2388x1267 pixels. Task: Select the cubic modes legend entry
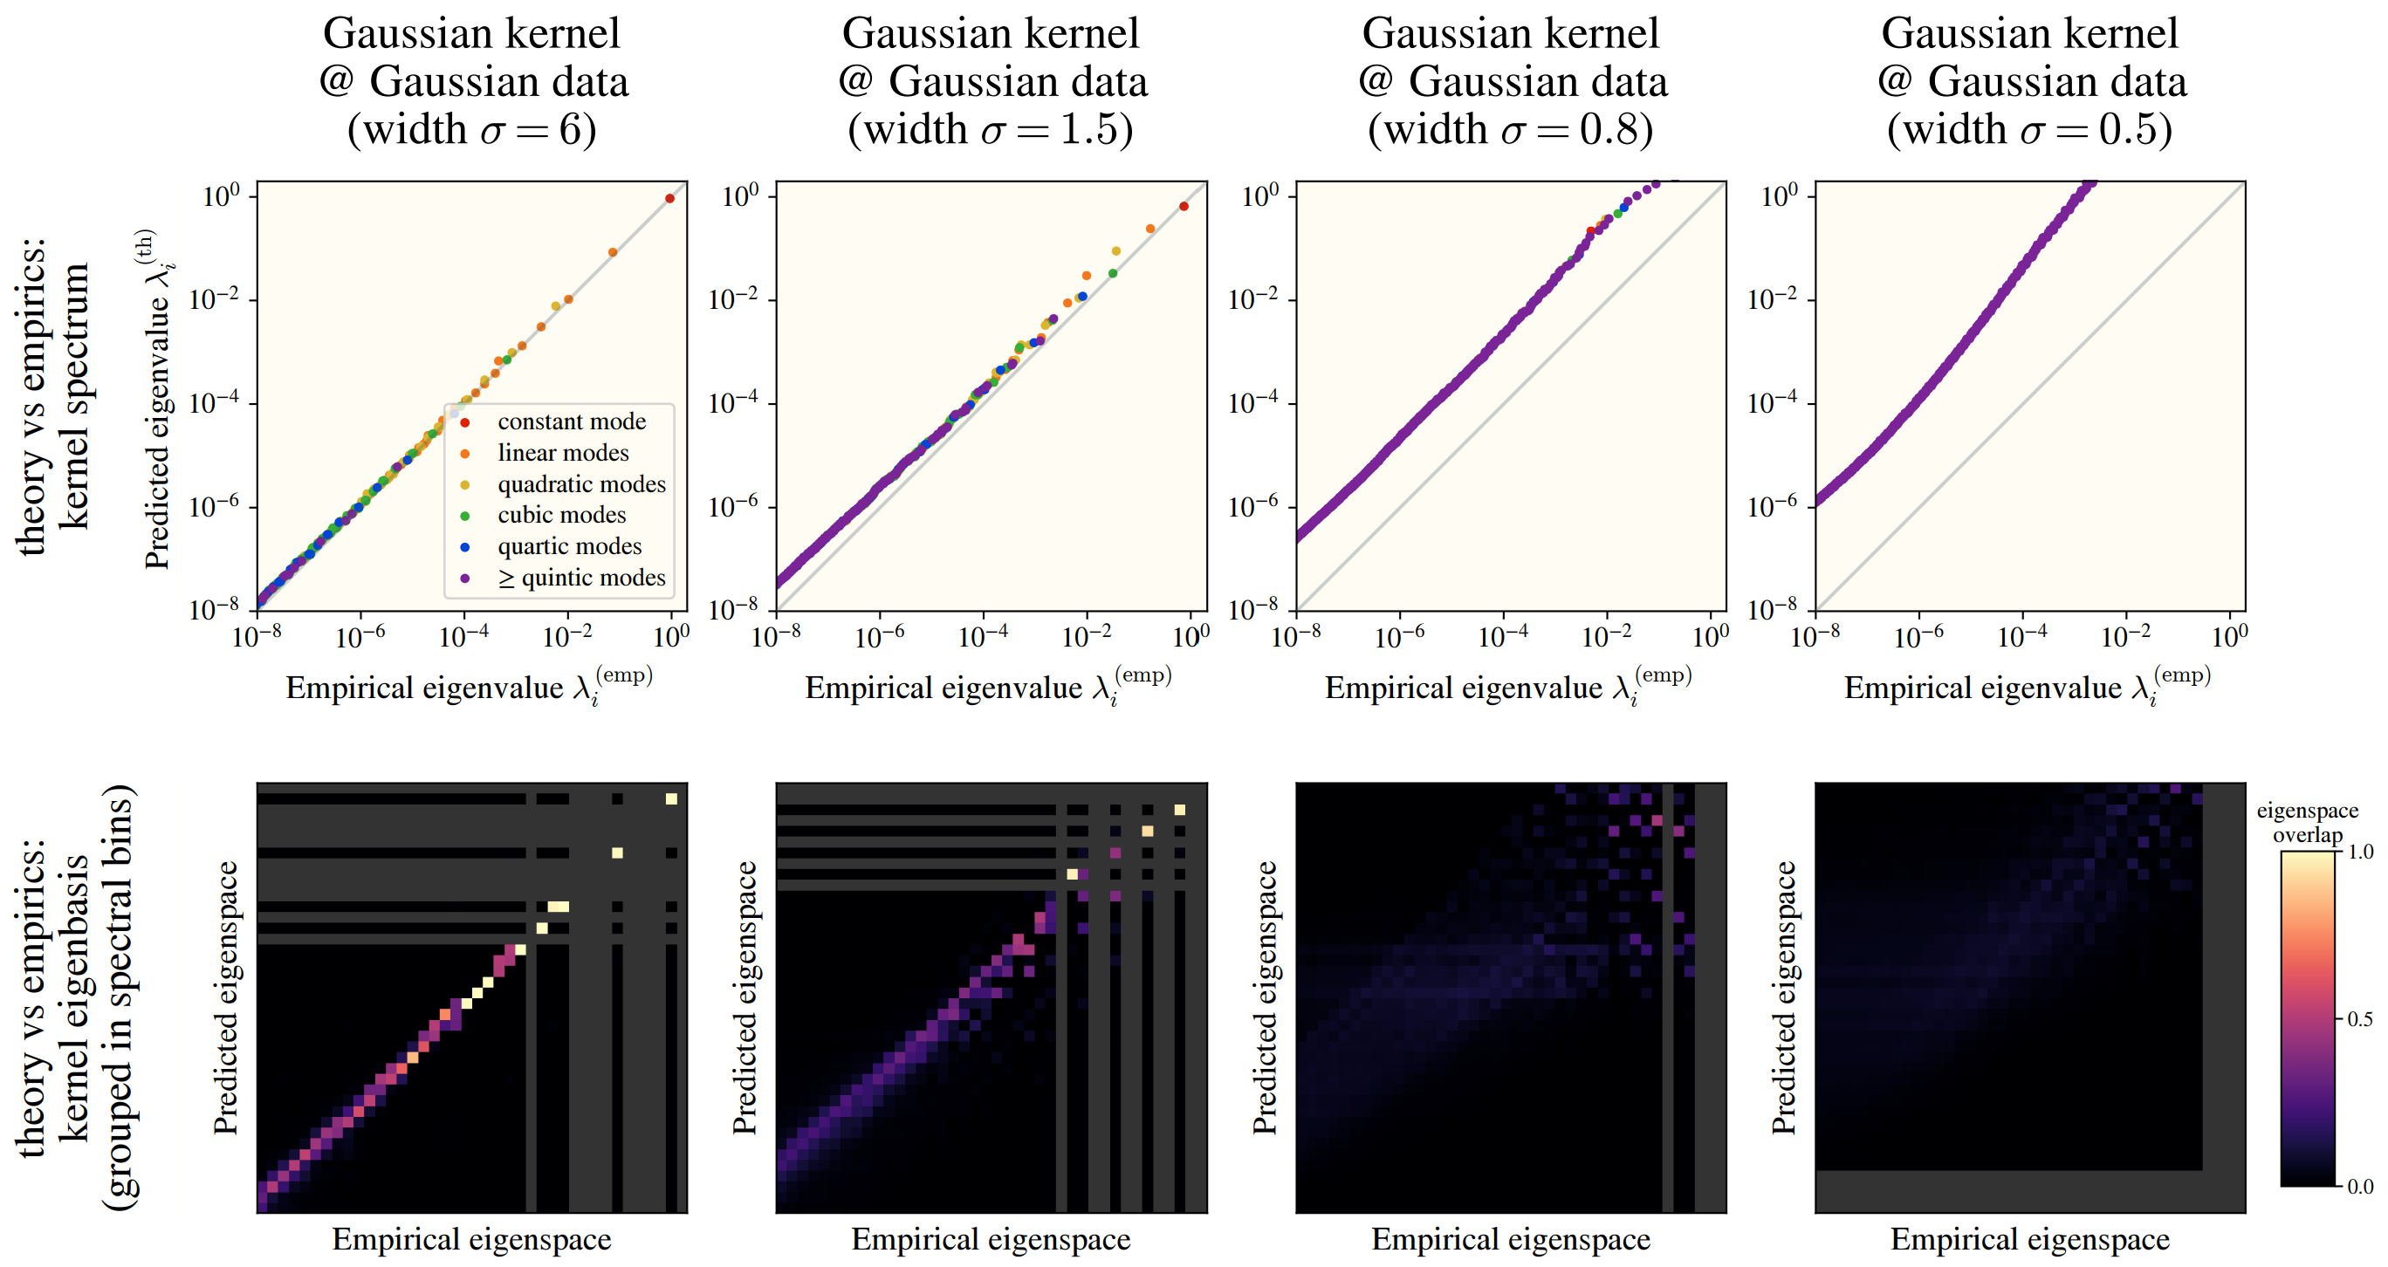pyautogui.click(x=561, y=516)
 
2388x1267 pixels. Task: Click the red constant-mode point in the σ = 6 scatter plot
pyautogui.click(x=670, y=198)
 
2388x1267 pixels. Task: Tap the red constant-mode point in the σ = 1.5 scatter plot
pyautogui.click(x=1184, y=206)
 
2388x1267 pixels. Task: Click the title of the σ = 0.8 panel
pyautogui.click(x=1511, y=81)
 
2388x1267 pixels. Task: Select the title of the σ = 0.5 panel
pyautogui.click(x=2030, y=81)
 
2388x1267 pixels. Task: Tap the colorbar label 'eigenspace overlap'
pyautogui.click(x=2308, y=822)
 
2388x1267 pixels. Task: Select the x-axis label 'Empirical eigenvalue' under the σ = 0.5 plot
pyautogui.click(x=2027, y=687)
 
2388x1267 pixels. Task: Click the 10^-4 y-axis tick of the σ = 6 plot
pyautogui.click(x=214, y=403)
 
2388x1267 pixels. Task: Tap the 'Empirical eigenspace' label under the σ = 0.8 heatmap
pyautogui.click(x=1511, y=1239)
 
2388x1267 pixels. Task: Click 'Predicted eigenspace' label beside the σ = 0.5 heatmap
pyautogui.click(x=1784, y=997)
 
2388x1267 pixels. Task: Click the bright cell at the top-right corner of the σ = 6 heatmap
pyautogui.click(x=671, y=798)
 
